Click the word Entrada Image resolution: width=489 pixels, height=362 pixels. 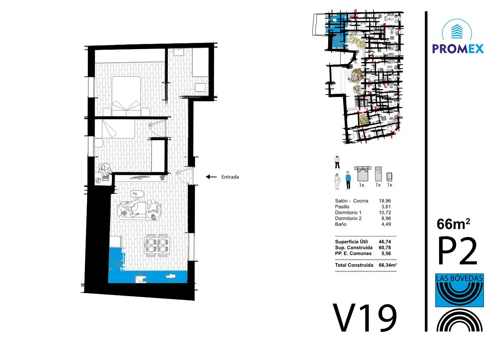pyautogui.click(x=230, y=177)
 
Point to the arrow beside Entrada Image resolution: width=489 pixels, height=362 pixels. pyautogui.click(x=211, y=177)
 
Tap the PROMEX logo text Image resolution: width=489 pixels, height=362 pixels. pyautogui.click(x=458, y=49)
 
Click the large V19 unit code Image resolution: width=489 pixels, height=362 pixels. pyautogui.click(x=365, y=318)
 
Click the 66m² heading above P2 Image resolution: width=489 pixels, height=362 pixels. pyautogui.click(x=453, y=224)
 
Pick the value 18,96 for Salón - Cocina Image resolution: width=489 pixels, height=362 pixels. pyautogui.click(x=385, y=201)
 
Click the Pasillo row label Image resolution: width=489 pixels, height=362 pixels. pyautogui.click(x=342, y=207)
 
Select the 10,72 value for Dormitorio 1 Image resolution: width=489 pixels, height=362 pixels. pyautogui.click(x=385, y=213)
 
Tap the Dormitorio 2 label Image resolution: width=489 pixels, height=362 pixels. pyautogui.click(x=348, y=218)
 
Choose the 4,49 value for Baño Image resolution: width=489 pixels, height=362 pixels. pyautogui.click(x=386, y=224)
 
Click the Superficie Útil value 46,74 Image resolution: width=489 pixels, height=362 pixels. pyautogui.click(x=385, y=242)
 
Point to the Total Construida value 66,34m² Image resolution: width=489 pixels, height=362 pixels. pyautogui.click(x=388, y=265)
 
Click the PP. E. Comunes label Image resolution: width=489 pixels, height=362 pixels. pyautogui.click(x=353, y=253)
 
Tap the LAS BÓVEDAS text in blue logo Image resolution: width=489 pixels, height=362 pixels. pyautogui.click(x=459, y=278)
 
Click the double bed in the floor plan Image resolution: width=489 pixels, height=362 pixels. pyautogui.click(x=126, y=96)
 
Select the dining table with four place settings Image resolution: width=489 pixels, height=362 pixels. pyautogui.click(x=157, y=245)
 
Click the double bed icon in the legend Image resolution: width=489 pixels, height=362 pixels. pyautogui.click(x=362, y=174)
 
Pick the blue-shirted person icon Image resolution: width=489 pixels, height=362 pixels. pyautogui.click(x=348, y=181)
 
